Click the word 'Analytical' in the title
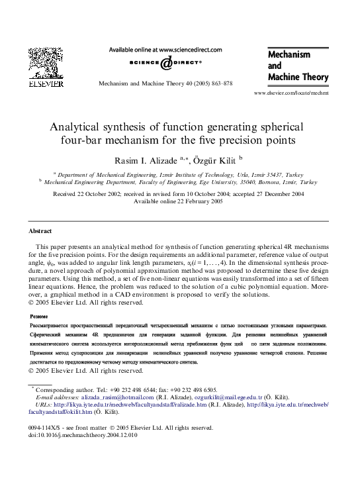[x=79, y=125]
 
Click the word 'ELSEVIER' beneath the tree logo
[x=45, y=84]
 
